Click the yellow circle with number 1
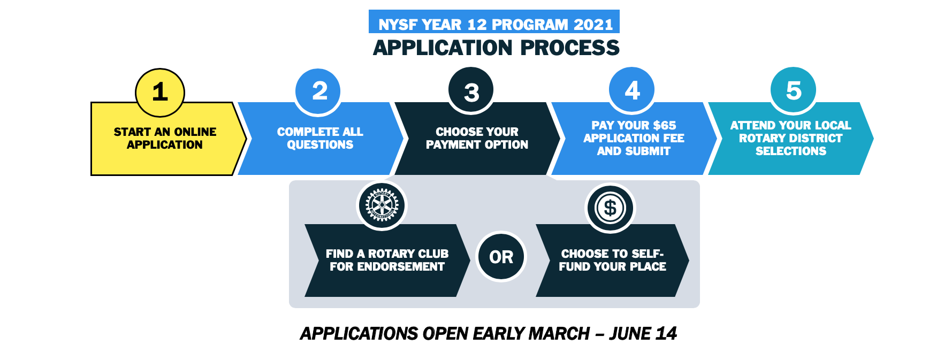coord(160,93)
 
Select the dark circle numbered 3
coord(471,90)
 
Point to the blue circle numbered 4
coord(632,90)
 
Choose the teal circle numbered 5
coord(794,90)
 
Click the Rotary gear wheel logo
coord(382,205)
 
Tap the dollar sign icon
coord(610,208)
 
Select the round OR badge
coord(501,257)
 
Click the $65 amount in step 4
coord(664,125)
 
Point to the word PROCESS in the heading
coord(570,48)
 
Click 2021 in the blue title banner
coord(593,25)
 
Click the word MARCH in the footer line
coord(559,334)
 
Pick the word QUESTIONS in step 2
coord(320,144)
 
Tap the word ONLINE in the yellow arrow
coord(195,132)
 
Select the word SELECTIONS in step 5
coord(791,151)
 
